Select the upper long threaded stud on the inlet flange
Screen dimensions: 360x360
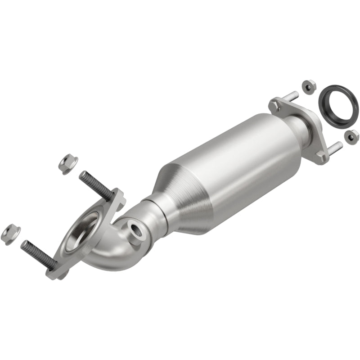[x=95, y=184]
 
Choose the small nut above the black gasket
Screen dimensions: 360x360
[x=307, y=86]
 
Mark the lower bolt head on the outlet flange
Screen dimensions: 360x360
[x=320, y=155]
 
